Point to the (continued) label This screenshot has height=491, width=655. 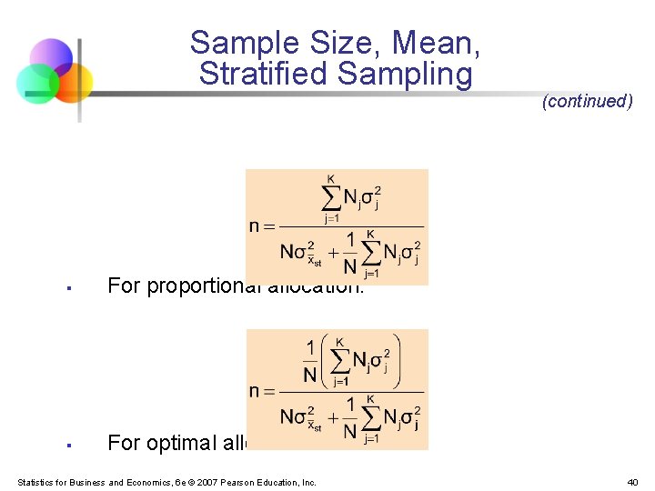click(587, 101)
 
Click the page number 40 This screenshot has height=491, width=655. click(632, 482)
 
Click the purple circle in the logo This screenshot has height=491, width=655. click(51, 58)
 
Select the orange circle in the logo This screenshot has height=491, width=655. click(71, 83)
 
